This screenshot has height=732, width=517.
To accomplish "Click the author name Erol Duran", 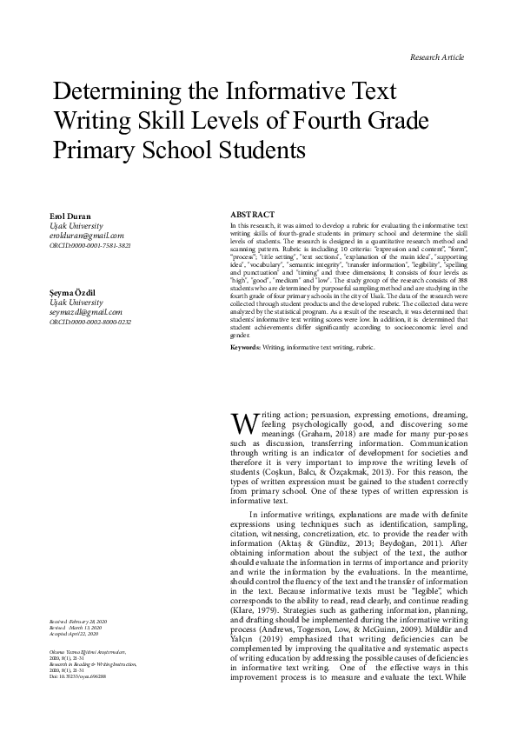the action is pos(72,215).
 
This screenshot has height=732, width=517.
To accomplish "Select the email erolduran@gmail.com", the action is pos(87,235).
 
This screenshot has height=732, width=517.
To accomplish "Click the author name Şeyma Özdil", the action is pos(76,270).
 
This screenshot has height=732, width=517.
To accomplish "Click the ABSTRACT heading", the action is pos(253,214).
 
